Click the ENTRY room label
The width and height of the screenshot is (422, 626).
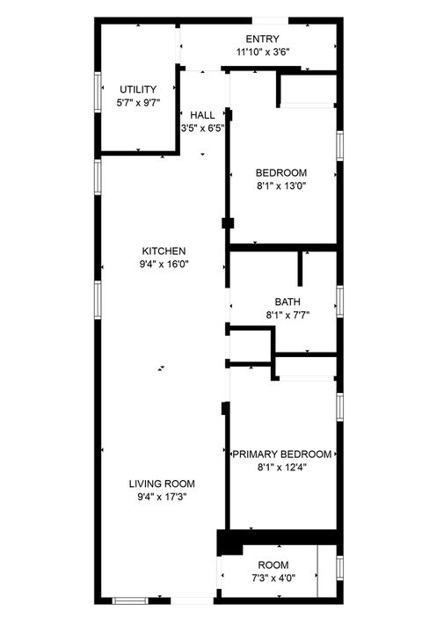click(262, 39)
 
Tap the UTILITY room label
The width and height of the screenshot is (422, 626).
click(138, 89)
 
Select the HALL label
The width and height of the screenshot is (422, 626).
click(202, 115)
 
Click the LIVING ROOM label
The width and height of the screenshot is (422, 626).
click(162, 484)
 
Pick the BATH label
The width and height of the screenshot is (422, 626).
click(287, 302)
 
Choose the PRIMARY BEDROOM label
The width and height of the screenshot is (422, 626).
click(281, 455)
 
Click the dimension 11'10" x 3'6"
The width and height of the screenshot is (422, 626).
click(262, 52)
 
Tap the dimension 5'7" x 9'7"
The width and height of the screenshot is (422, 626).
click(138, 102)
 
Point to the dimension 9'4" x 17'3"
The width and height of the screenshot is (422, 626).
click(162, 497)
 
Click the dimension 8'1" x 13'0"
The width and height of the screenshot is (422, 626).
click(281, 186)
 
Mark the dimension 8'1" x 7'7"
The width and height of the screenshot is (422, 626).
click(287, 315)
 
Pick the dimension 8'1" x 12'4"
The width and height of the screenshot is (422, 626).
click(281, 468)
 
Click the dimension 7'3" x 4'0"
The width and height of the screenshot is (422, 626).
click(272, 578)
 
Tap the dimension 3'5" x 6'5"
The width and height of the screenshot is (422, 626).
click(202, 128)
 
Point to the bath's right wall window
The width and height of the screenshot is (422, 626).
click(339, 300)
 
